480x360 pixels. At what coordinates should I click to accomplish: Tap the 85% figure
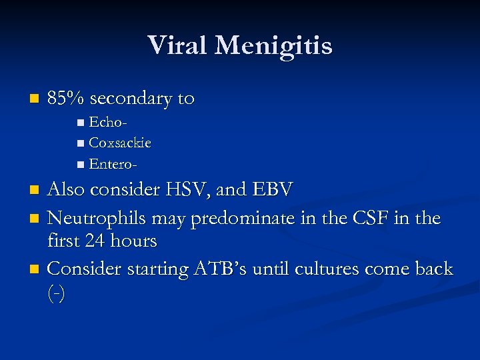pos(66,99)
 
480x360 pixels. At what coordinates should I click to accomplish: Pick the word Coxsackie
pos(120,143)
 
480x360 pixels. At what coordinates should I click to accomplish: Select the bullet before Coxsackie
pos(81,143)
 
